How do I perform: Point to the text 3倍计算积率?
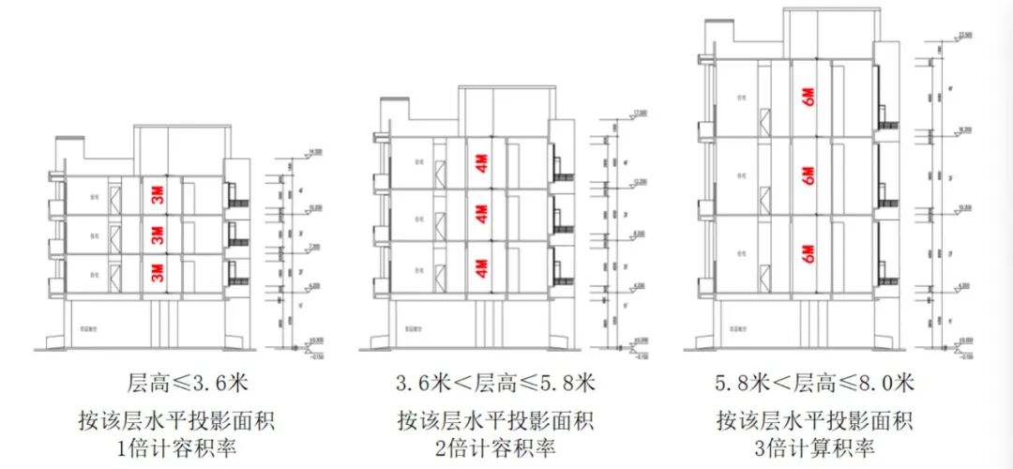click(812, 447)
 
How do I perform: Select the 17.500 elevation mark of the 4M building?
click(641, 113)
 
